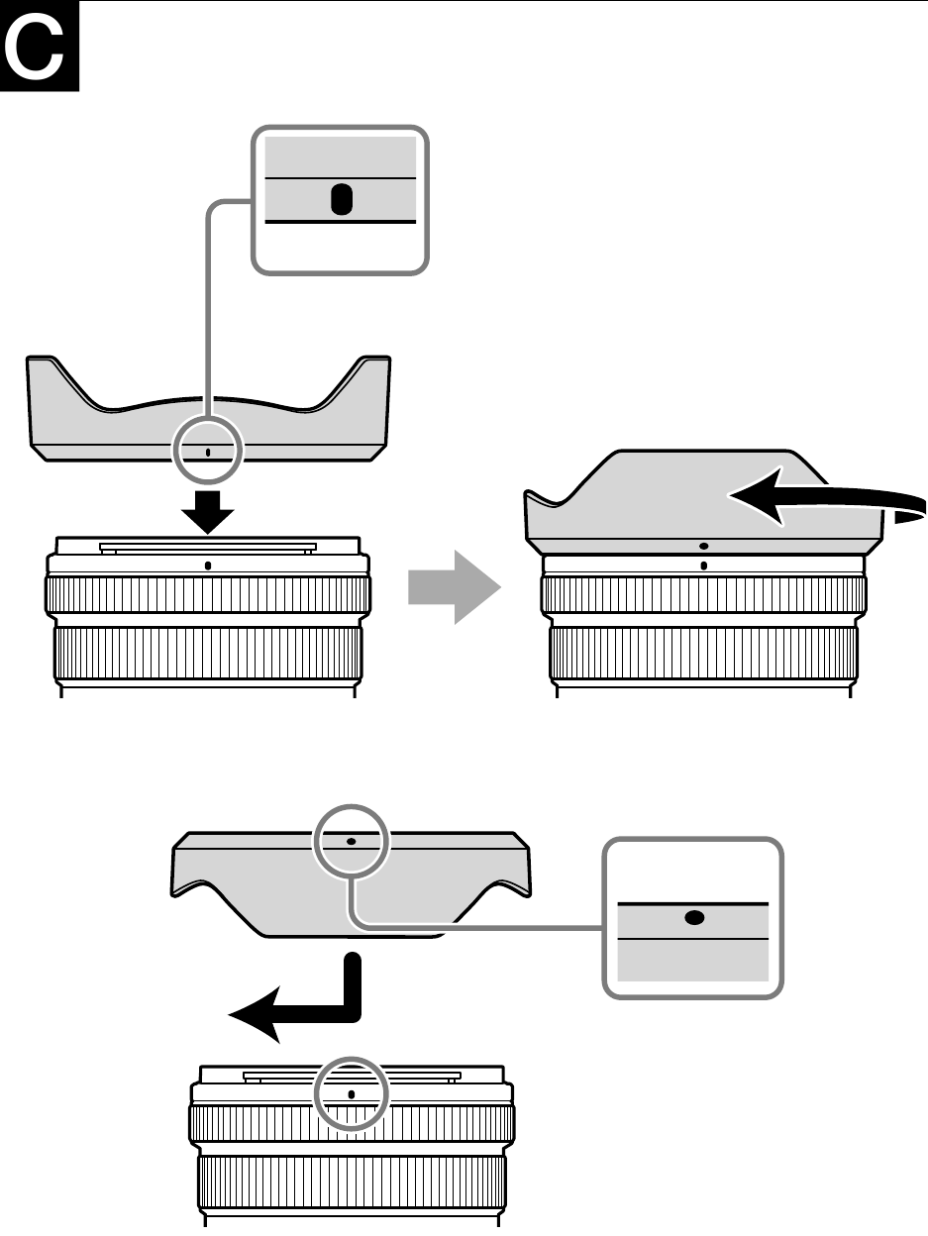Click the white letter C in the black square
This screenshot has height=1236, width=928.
click(34, 47)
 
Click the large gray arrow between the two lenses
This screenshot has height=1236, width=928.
click(455, 586)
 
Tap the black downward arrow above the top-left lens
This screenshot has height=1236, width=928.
click(208, 512)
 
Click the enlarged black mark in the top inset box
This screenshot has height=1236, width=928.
click(342, 199)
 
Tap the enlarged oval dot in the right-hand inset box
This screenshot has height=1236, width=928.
click(694, 918)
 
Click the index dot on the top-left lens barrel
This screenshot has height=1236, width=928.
click(208, 566)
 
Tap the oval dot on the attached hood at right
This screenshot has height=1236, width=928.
click(703, 547)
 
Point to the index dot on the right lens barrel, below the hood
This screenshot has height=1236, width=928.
click(703, 566)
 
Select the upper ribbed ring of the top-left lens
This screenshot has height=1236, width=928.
click(208, 594)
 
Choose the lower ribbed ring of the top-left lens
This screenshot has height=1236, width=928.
click(208, 654)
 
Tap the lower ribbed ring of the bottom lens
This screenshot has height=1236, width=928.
click(352, 1182)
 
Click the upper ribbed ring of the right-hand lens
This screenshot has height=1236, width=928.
click(704, 594)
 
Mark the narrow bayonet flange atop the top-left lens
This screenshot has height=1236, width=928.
click(208, 547)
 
